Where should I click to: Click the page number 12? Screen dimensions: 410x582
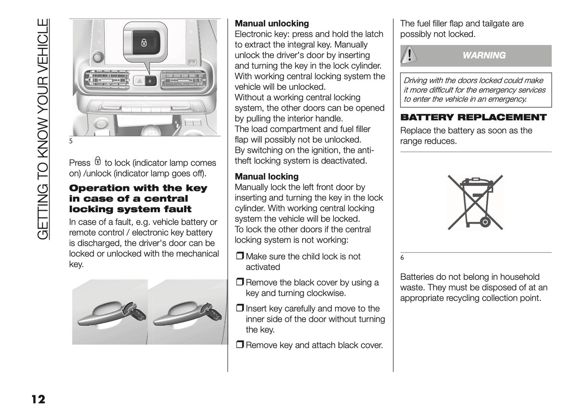[x=38, y=399]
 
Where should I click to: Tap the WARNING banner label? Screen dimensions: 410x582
[x=484, y=56]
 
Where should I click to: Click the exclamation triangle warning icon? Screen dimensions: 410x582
[x=409, y=55]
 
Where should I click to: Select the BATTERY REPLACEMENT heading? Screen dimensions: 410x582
[x=473, y=118]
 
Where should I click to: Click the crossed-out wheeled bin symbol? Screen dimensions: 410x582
[x=475, y=202]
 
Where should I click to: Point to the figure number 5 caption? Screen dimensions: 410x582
[x=71, y=141]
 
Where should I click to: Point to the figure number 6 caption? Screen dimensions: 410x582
[x=402, y=258]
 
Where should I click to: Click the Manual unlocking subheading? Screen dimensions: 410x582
[x=272, y=23]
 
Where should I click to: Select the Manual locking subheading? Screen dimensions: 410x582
[x=267, y=176]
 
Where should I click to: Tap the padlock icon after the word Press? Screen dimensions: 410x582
[x=97, y=162]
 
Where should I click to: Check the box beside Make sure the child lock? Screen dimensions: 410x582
[x=240, y=257]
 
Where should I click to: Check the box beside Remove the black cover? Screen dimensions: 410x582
[x=240, y=283]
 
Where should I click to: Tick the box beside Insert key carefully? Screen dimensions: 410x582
[x=240, y=309]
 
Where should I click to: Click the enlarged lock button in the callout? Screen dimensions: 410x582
[x=144, y=43]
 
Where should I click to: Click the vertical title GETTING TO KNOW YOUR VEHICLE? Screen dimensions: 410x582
[x=43, y=129]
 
